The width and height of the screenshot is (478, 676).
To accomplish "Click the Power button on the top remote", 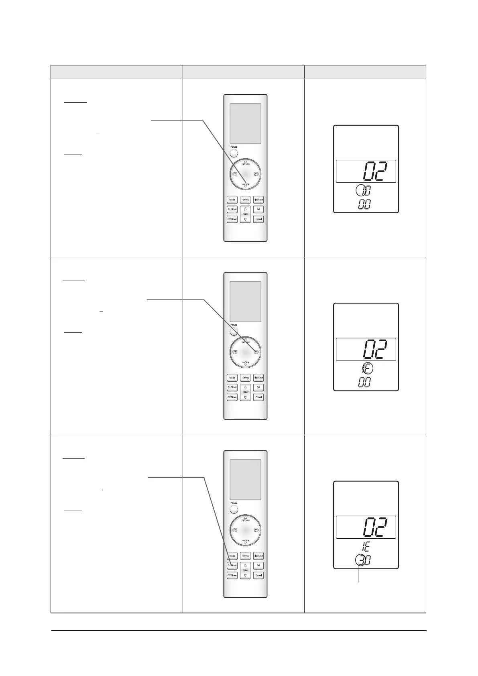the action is [234, 154].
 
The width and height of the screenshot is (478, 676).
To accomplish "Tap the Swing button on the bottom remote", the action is [245, 556].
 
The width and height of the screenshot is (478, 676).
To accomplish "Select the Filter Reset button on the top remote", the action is [258, 200].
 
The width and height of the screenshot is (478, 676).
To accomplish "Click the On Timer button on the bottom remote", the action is [232, 565].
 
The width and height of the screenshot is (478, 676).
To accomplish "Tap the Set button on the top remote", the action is [258, 209].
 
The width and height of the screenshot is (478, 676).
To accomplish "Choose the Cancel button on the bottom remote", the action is [258, 575].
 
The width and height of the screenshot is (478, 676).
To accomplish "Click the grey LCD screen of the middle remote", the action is [245, 301].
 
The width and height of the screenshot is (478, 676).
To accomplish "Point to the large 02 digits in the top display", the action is [375, 172].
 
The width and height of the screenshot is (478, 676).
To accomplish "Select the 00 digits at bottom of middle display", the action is [364, 383].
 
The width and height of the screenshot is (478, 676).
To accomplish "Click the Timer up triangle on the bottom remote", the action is [245, 565].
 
